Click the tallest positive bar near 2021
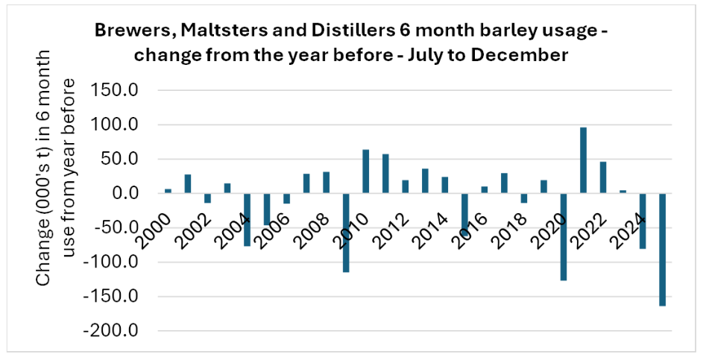click(x=583, y=160)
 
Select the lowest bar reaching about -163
click(x=662, y=249)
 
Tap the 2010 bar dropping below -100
click(x=346, y=233)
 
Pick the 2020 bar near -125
click(x=564, y=236)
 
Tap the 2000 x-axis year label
click(x=160, y=223)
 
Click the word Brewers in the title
click(x=126, y=32)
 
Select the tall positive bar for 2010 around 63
click(x=366, y=171)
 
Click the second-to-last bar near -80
click(x=642, y=221)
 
